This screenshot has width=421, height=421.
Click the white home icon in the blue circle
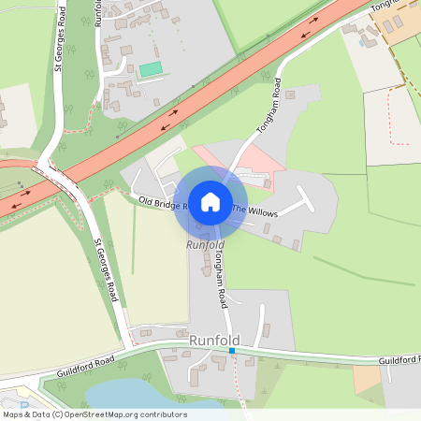pyautogui.click(x=210, y=202)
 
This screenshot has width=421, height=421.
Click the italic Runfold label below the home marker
pyautogui.click(x=205, y=244)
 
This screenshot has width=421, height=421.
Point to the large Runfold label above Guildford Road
pyautogui.click(x=214, y=340)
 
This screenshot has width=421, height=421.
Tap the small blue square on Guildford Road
pyautogui.click(x=232, y=351)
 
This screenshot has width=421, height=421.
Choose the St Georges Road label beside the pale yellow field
pyautogui.click(x=106, y=271)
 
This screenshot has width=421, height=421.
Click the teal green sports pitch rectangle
pyautogui.click(x=150, y=69)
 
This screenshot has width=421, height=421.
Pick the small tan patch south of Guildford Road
pyautogui.click(x=367, y=377)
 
